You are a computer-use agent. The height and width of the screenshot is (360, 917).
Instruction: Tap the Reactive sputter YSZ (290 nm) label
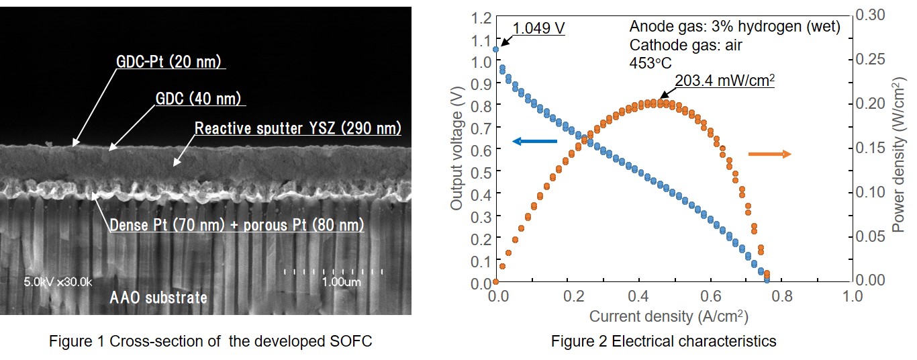coord(297,128)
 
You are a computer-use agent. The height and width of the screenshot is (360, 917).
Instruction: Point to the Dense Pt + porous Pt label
coord(236,225)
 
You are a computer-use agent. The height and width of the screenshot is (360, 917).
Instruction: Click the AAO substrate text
coord(158,298)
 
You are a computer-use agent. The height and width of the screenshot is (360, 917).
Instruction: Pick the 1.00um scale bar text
coord(341,282)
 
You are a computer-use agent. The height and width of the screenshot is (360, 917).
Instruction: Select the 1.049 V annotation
coord(538,28)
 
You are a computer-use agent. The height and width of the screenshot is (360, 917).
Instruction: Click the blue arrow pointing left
coord(534,141)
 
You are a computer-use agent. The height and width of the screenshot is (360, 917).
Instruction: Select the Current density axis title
coord(668,316)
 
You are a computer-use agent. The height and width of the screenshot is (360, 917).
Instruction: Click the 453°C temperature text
coord(650,63)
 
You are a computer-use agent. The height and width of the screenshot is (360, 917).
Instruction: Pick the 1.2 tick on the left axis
coord(481,18)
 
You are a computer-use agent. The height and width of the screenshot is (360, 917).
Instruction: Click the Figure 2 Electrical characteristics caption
coord(663,341)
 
